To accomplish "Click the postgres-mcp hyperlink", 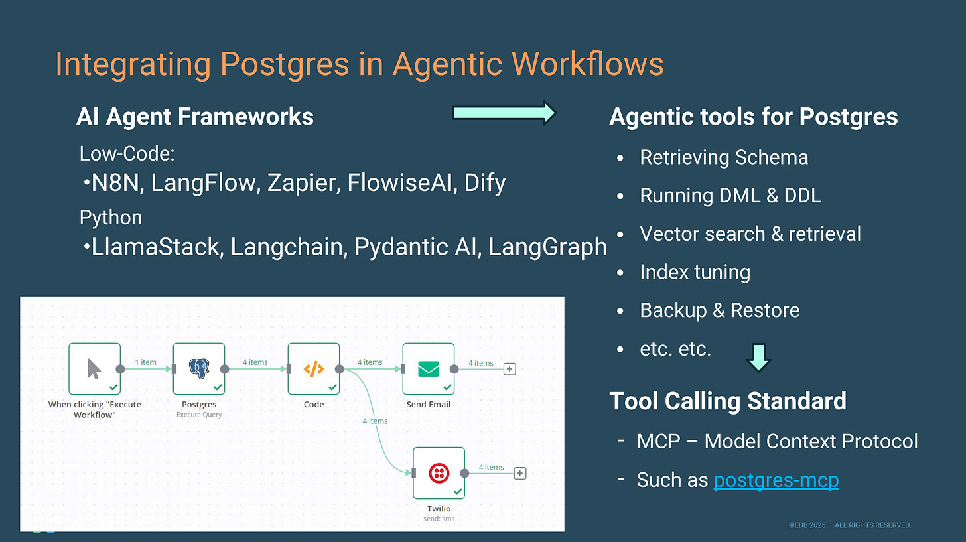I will (776, 480).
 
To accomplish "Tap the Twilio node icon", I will (439, 473).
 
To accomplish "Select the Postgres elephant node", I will (199, 369).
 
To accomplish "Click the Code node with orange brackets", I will (314, 369).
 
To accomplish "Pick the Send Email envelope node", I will (429, 369).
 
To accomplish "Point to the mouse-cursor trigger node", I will (95, 369).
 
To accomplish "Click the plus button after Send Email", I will (510, 369).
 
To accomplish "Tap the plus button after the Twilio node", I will (520, 473).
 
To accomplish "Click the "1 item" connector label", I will (145, 362).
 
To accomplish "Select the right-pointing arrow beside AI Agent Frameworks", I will (504, 113).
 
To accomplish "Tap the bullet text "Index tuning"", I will (695, 272).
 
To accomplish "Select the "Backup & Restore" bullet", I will (719, 310).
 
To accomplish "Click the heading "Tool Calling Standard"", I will (727, 401).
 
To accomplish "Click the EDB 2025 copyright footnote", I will (850, 525).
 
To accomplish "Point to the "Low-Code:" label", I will (127, 154).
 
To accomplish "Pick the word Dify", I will (485, 182).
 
